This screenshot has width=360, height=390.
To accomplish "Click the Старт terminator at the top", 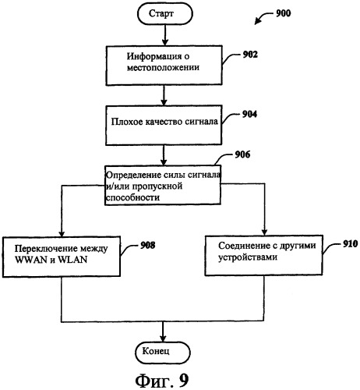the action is pos(165,14).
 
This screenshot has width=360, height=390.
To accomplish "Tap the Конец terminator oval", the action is pos(163,353).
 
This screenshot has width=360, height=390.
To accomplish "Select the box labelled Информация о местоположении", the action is pos(164,66).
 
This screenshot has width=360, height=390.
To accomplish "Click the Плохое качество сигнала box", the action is pos(164,125).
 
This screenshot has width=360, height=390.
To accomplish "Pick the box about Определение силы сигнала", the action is pos(163,185).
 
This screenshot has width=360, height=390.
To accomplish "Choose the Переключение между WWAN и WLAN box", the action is pos(62,257).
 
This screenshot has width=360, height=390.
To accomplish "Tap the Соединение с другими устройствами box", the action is pos(264,255).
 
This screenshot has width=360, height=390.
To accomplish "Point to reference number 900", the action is pos(283,13).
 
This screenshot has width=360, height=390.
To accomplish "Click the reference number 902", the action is pos(250,55).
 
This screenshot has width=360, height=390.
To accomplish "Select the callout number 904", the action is pos(249,114).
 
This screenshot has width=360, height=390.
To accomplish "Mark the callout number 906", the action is pos(242,154).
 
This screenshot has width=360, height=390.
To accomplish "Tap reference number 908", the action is pos(148,245).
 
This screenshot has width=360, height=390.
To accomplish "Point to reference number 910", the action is pos(350,244).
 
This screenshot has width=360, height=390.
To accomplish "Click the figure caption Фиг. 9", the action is pos(162,381).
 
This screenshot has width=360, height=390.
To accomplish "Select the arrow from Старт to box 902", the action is pos(165,35).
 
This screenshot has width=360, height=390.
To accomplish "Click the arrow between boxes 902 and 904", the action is pos(164,95).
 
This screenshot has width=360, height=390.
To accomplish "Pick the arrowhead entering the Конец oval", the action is pos(163,339).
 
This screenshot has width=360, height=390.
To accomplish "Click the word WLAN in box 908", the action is pos(72,260).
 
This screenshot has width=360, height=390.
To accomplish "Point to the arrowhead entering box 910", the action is pos(264,232).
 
